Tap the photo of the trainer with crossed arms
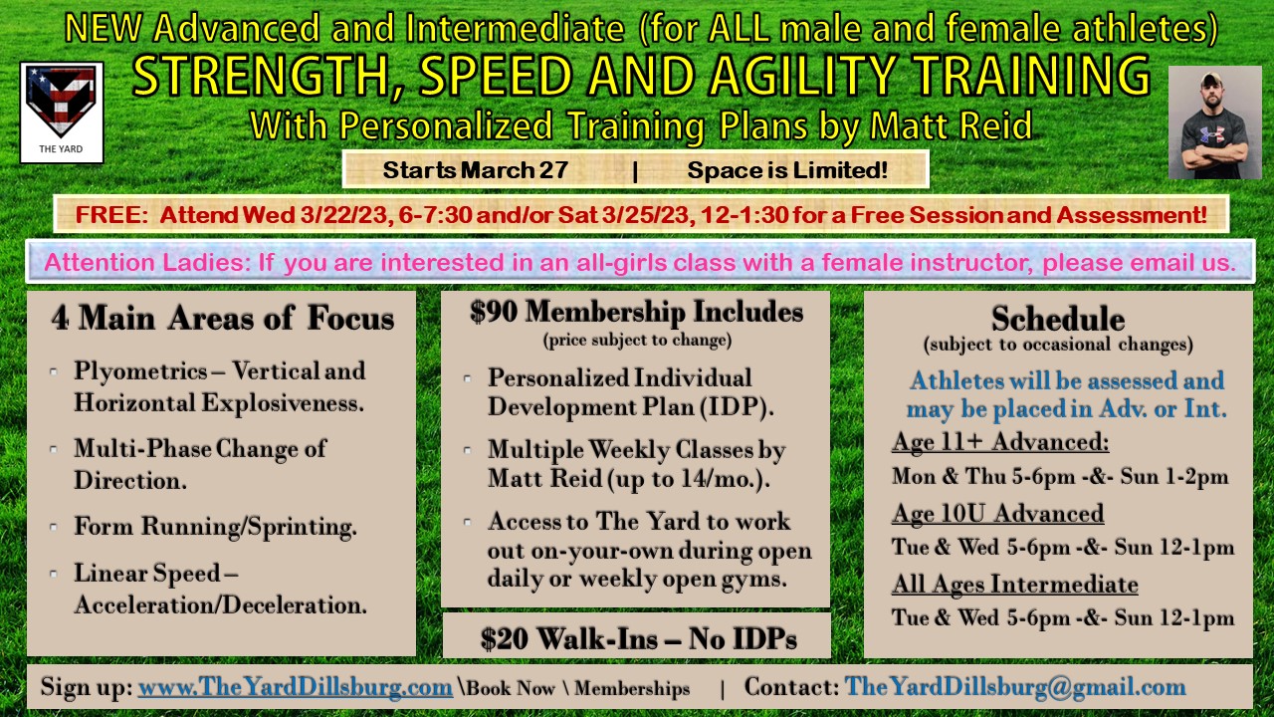(1215, 122)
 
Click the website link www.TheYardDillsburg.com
(296, 687)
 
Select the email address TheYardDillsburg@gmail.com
(1015, 687)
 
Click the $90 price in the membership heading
(494, 312)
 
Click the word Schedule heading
(1058, 318)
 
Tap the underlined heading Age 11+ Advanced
(1000, 442)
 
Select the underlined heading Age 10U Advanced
(997, 513)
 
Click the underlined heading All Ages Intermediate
(1014, 585)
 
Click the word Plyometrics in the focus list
(140, 371)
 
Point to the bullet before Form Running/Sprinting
(54, 527)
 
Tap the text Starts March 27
(476, 169)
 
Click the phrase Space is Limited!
(787, 169)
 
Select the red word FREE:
(112, 215)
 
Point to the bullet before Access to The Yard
(468, 522)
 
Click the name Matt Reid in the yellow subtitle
(951, 125)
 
